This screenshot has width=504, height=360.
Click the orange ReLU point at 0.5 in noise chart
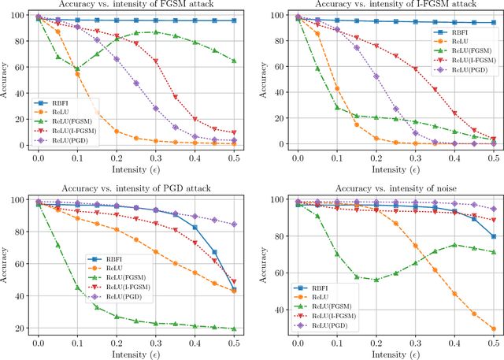(493, 329)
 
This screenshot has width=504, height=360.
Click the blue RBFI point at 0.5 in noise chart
(493, 236)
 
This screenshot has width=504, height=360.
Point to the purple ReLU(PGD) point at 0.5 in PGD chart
(234, 224)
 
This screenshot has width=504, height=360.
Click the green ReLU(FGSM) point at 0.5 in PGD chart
(234, 329)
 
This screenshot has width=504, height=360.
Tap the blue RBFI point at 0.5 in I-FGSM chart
(493, 24)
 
